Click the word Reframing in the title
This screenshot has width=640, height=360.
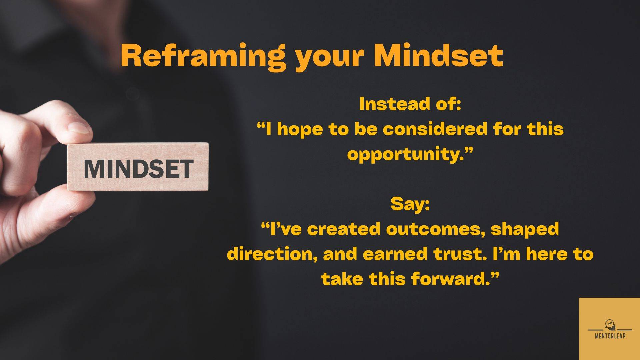[x=203, y=57]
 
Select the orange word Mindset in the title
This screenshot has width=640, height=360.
[x=438, y=55]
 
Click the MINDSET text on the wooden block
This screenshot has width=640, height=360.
[x=138, y=168]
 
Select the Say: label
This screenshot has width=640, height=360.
[x=410, y=204]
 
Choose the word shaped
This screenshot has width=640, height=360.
[x=525, y=230]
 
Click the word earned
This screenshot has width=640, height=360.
[x=395, y=254]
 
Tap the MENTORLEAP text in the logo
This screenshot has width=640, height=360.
[x=610, y=336]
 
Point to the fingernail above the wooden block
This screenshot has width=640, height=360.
[x=79, y=128]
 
